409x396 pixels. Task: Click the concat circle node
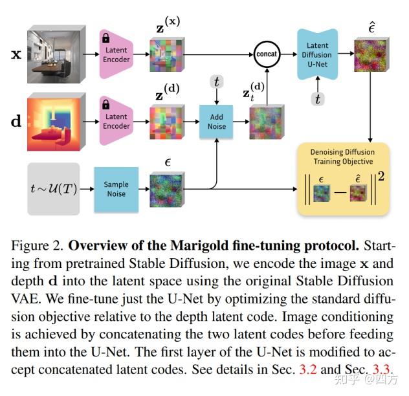(x=267, y=54)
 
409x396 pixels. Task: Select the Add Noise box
(x=216, y=122)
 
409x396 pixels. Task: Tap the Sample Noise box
(x=116, y=190)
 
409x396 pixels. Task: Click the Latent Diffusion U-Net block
(x=318, y=54)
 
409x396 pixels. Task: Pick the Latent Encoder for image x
(x=116, y=54)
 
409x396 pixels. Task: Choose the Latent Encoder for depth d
(x=116, y=121)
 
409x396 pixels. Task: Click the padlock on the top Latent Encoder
(x=106, y=38)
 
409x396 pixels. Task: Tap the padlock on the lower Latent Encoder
(x=106, y=104)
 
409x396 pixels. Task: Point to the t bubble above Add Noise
(x=217, y=82)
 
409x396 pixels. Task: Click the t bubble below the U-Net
(x=318, y=99)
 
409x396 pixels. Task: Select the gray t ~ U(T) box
(x=54, y=189)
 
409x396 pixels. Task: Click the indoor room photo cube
(x=56, y=54)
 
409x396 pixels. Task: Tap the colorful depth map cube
(x=56, y=122)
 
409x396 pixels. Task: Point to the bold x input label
(x=16, y=54)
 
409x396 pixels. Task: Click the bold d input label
(x=16, y=121)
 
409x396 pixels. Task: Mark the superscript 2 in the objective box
(x=381, y=177)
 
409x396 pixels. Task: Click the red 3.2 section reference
(x=308, y=369)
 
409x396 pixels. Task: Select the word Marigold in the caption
(x=196, y=245)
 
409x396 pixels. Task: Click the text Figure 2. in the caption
(x=38, y=246)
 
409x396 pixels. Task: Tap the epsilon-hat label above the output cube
(x=371, y=27)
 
